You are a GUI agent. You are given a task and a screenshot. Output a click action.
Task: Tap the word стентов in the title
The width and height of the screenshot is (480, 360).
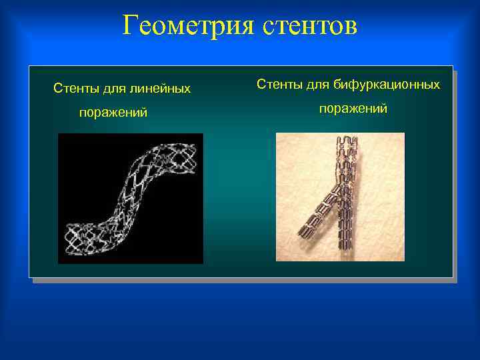coord(310,27)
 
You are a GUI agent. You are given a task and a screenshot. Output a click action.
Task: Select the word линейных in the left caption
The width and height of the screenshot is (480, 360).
coord(161,88)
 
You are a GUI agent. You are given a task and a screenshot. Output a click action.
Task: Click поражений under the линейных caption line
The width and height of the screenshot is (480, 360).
coord(113,113)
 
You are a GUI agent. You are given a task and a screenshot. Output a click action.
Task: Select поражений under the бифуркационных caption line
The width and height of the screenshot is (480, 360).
coord(353,108)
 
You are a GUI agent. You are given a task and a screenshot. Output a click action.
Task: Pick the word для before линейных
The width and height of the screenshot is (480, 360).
coord(116,88)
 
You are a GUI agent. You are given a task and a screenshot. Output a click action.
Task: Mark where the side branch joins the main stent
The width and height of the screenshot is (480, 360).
coord(339,190)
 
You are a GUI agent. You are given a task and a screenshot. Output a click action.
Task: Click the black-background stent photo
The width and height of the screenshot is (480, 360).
coord(130,198)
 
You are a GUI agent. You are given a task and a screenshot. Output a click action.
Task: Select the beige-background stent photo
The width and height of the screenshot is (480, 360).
coord(340,197)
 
